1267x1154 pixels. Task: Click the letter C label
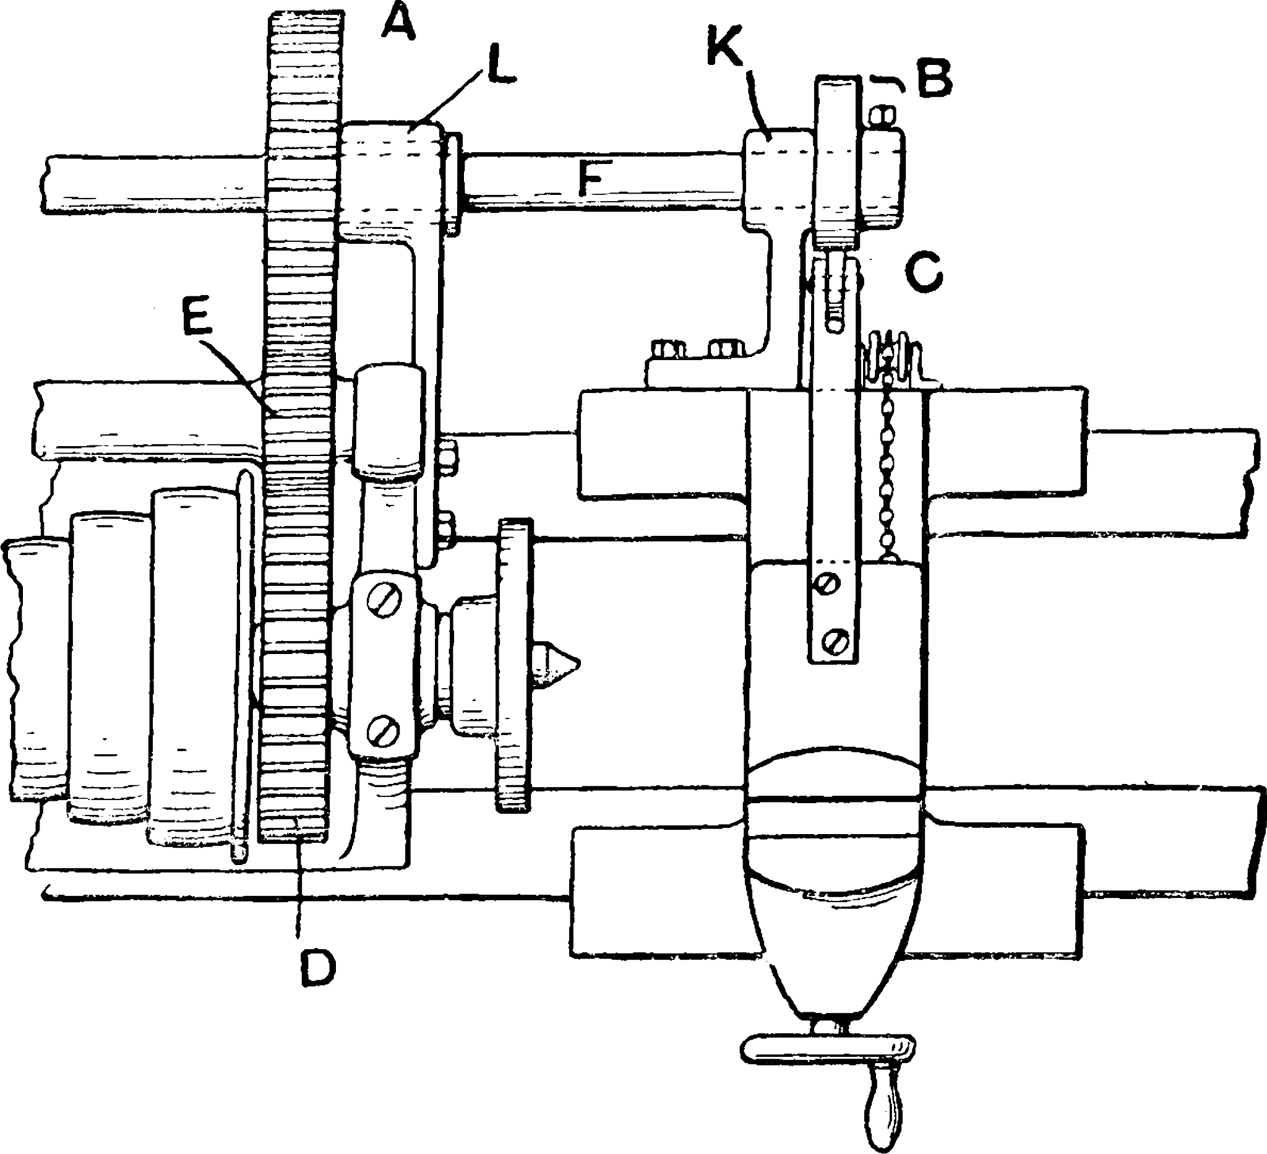(924, 272)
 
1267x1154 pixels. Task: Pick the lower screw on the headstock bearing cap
(384, 730)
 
